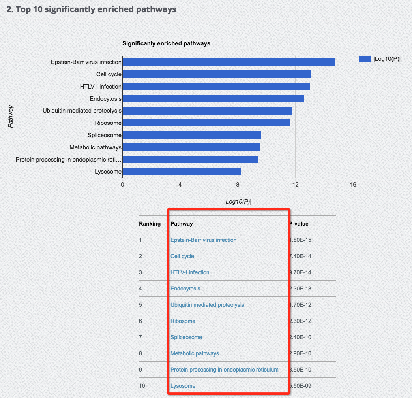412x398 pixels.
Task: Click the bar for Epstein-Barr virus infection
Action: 228,62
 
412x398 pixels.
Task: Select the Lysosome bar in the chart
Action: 182,172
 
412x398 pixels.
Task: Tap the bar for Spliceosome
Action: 191,135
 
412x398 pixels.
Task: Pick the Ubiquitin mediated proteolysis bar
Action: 207,111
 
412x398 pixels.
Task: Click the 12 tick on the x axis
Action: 295,184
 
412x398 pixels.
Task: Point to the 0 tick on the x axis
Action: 122,184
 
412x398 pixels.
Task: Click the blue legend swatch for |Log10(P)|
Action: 365,59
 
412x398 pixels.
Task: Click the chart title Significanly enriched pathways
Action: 166,43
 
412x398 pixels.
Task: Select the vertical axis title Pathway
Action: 11,116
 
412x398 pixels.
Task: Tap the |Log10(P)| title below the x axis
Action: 238,202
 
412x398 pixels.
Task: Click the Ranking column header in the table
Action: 150,224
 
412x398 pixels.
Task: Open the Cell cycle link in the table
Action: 182,256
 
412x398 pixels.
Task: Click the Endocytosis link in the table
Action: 185,289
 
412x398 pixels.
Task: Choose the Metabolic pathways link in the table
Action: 195,353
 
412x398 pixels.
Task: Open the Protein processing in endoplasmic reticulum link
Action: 225,370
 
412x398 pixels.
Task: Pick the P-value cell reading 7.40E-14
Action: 301,256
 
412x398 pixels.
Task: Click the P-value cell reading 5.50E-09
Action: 301,386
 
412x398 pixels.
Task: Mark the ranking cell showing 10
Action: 142,386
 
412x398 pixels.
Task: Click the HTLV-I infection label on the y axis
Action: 101,86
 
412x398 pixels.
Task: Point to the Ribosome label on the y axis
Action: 108,123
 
